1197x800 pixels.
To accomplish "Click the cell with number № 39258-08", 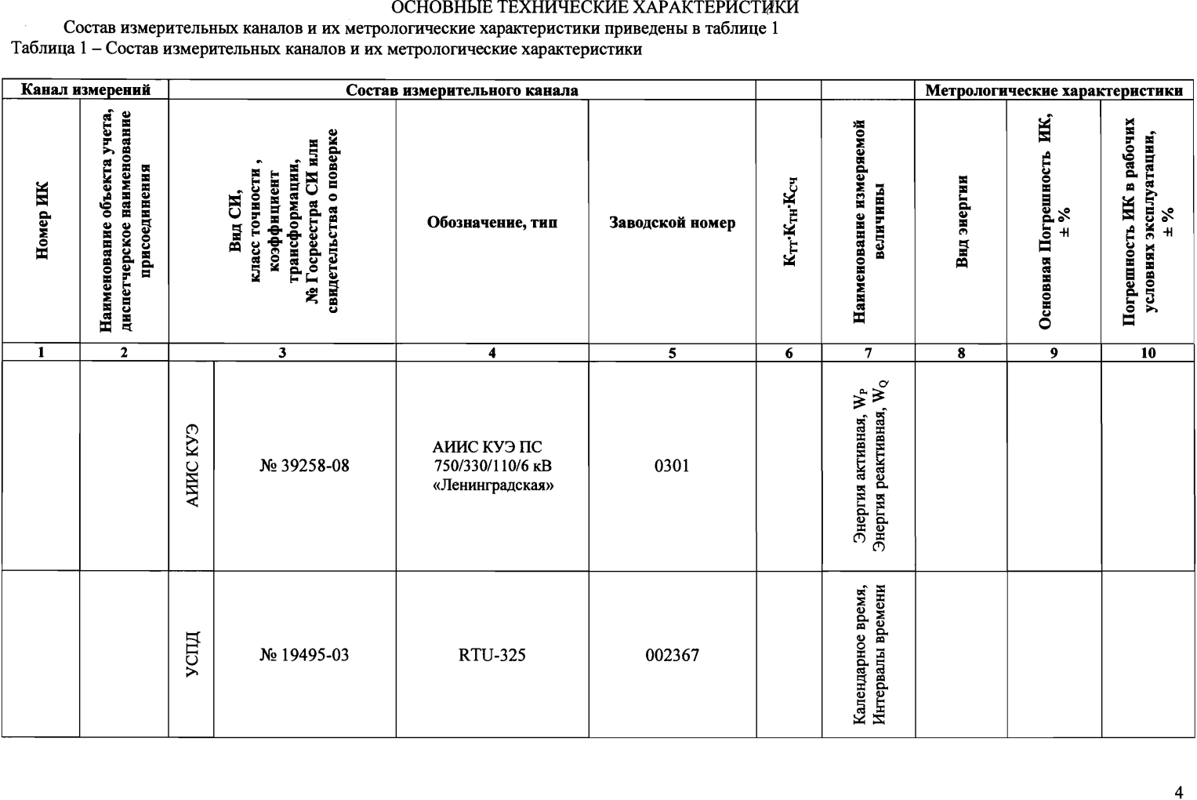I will point(304,466).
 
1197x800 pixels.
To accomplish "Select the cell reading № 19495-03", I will point(304,655).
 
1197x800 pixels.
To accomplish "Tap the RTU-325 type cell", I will point(491,655).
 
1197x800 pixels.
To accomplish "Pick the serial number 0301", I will point(672,466).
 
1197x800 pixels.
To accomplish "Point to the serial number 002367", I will point(672,655).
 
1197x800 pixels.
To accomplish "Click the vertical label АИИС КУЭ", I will point(192,466).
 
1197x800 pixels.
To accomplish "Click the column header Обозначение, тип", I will point(491,223).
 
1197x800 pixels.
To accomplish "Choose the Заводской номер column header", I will point(672,223).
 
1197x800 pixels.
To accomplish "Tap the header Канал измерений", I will point(85,90).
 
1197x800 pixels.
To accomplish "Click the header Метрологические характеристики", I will point(1054,91).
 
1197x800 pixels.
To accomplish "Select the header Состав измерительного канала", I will point(462,90).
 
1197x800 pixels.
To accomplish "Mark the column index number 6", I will point(789,353).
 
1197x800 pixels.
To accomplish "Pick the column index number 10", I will point(1148,353).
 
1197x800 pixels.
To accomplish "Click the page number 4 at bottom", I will point(1178,791).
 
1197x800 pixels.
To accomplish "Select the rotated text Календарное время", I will point(859,654).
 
